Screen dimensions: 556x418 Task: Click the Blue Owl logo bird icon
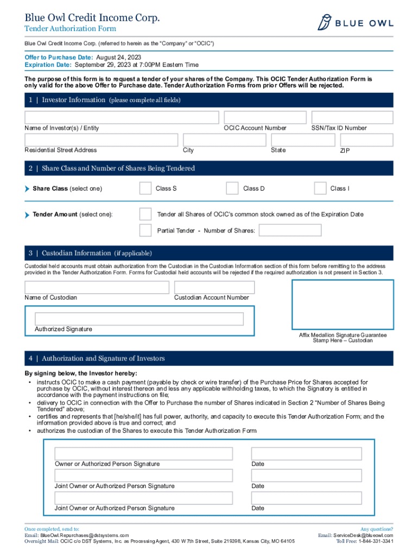tap(325, 23)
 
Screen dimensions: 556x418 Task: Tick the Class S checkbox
tap(145, 188)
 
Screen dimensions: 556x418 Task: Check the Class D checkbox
tap(232, 188)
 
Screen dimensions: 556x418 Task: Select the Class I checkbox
tap(320, 188)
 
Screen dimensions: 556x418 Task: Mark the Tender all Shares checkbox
tap(145, 214)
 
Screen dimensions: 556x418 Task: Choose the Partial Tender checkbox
tap(145, 230)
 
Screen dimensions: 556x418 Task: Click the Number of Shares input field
tap(290, 230)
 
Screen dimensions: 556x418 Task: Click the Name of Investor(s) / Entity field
tap(122, 117)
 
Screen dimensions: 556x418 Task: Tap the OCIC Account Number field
tap(265, 117)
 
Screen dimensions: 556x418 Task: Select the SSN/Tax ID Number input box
tap(352, 117)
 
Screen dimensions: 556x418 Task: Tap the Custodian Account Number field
tap(214, 287)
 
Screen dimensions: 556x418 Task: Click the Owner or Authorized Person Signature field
tap(143, 453)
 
